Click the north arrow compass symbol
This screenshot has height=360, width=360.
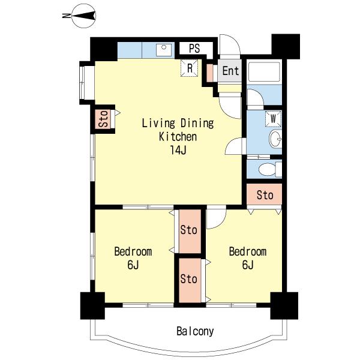pos(83,16)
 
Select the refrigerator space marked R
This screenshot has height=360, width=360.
pos(189,68)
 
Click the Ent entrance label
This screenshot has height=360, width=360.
pos(230,70)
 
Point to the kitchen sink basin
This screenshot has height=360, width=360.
pos(164,50)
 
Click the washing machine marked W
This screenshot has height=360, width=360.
pos(273,119)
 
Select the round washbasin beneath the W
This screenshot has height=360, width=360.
pos(275,139)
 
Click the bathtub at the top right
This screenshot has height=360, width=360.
pos(265,71)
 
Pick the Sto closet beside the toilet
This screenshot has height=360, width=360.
pos(265,194)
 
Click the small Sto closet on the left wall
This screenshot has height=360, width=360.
pos(103,119)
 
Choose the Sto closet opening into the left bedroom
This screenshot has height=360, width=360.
pos(190,231)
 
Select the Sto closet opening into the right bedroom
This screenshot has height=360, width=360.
pos(190,280)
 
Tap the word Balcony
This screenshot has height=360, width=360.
pos(195,331)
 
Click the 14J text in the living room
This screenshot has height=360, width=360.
pos(178,150)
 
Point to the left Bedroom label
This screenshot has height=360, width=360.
pos(133,251)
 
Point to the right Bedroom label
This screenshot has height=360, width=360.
pos(248,251)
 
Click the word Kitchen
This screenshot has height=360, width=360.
pos(178,137)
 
